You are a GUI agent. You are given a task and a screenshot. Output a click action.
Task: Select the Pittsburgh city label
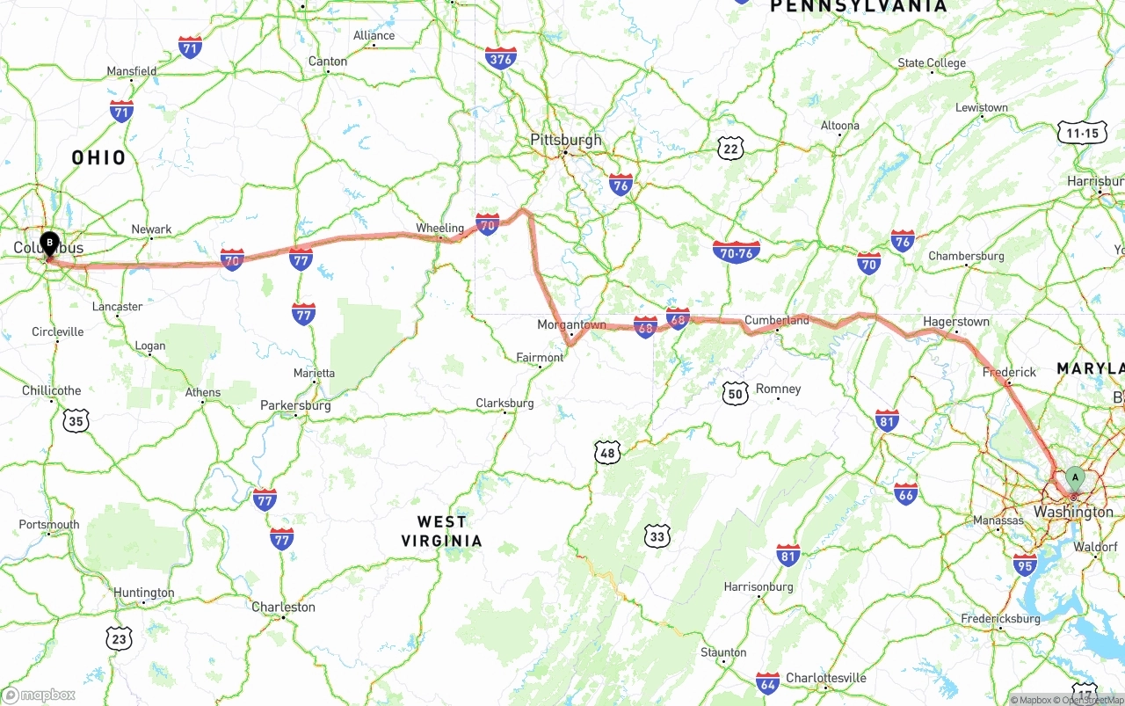[x=566, y=140]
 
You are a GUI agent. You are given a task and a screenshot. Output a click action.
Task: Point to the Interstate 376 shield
[x=500, y=59]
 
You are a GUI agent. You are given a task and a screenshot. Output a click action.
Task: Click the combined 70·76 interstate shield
[x=736, y=251]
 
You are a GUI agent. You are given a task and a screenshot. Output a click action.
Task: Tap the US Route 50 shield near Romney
[x=735, y=392]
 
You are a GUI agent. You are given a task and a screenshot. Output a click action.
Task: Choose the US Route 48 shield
[x=607, y=454]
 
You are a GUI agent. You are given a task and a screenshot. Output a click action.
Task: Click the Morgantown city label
[x=571, y=324]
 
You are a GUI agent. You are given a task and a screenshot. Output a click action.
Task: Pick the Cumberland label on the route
[x=776, y=320]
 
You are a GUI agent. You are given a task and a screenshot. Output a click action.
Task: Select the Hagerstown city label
[x=955, y=322]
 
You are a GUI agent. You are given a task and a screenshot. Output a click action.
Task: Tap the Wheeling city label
[x=439, y=228]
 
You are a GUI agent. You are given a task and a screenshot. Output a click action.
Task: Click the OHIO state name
[x=98, y=158]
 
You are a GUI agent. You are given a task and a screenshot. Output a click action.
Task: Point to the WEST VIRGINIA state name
[x=442, y=531]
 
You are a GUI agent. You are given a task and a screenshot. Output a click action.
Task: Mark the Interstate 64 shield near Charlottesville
[x=767, y=683]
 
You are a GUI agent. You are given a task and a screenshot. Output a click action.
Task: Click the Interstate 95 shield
[x=1024, y=564]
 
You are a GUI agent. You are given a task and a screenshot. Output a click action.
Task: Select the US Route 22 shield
[x=729, y=149]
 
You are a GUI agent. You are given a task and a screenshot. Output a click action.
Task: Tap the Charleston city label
[x=283, y=607]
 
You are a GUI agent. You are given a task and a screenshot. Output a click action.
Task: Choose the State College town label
[x=932, y=62]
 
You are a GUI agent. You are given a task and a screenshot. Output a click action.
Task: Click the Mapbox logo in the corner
[x=39, y=695]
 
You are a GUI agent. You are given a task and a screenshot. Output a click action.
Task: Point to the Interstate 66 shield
[x=905, y=493]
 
